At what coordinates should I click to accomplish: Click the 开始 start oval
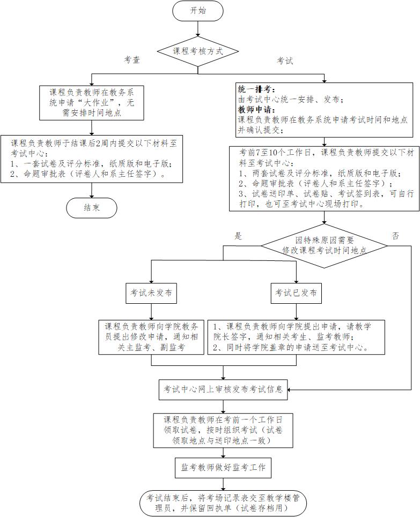[x=197, y=11]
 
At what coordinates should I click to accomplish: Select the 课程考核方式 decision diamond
[x=197, y=52]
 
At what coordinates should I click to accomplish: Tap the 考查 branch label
[x=132, y=61]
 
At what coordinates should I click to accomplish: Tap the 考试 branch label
[x=285, y=61]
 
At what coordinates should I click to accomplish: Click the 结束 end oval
[x=92, y=208]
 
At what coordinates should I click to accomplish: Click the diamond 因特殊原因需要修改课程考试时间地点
[x=325, y=245]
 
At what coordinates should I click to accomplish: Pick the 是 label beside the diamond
[x=239, y=236]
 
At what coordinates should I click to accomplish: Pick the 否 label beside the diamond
[x=395, y=236]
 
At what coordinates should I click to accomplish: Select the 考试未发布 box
[x=151, y=293]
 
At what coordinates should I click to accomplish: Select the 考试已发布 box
[x=296, y=293]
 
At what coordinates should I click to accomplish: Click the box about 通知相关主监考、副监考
[x=152, y=336]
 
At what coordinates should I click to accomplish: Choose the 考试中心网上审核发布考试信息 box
[x=223, y=389]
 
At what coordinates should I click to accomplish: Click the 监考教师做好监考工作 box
[x=223, y=467]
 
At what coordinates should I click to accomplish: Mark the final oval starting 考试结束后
[x=223, y=502]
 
